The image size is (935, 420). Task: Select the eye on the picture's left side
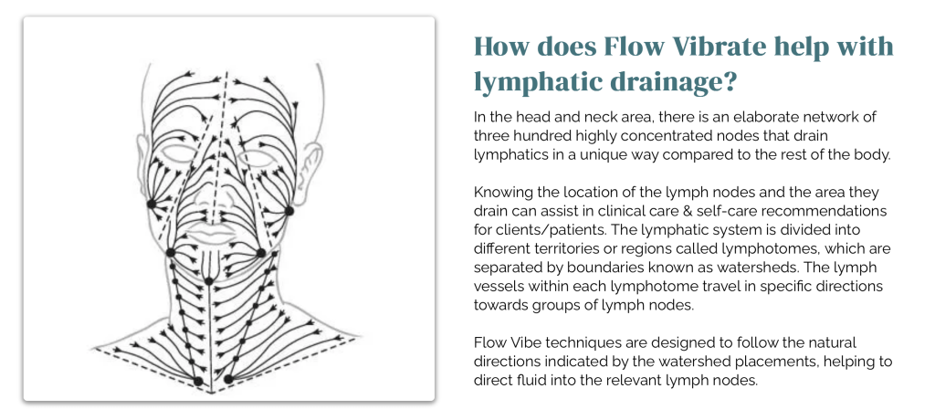point(177,154)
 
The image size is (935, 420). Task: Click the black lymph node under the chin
point(209,281)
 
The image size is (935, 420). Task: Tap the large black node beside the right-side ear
point(289,211)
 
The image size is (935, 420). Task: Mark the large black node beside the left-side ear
point(152,204)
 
